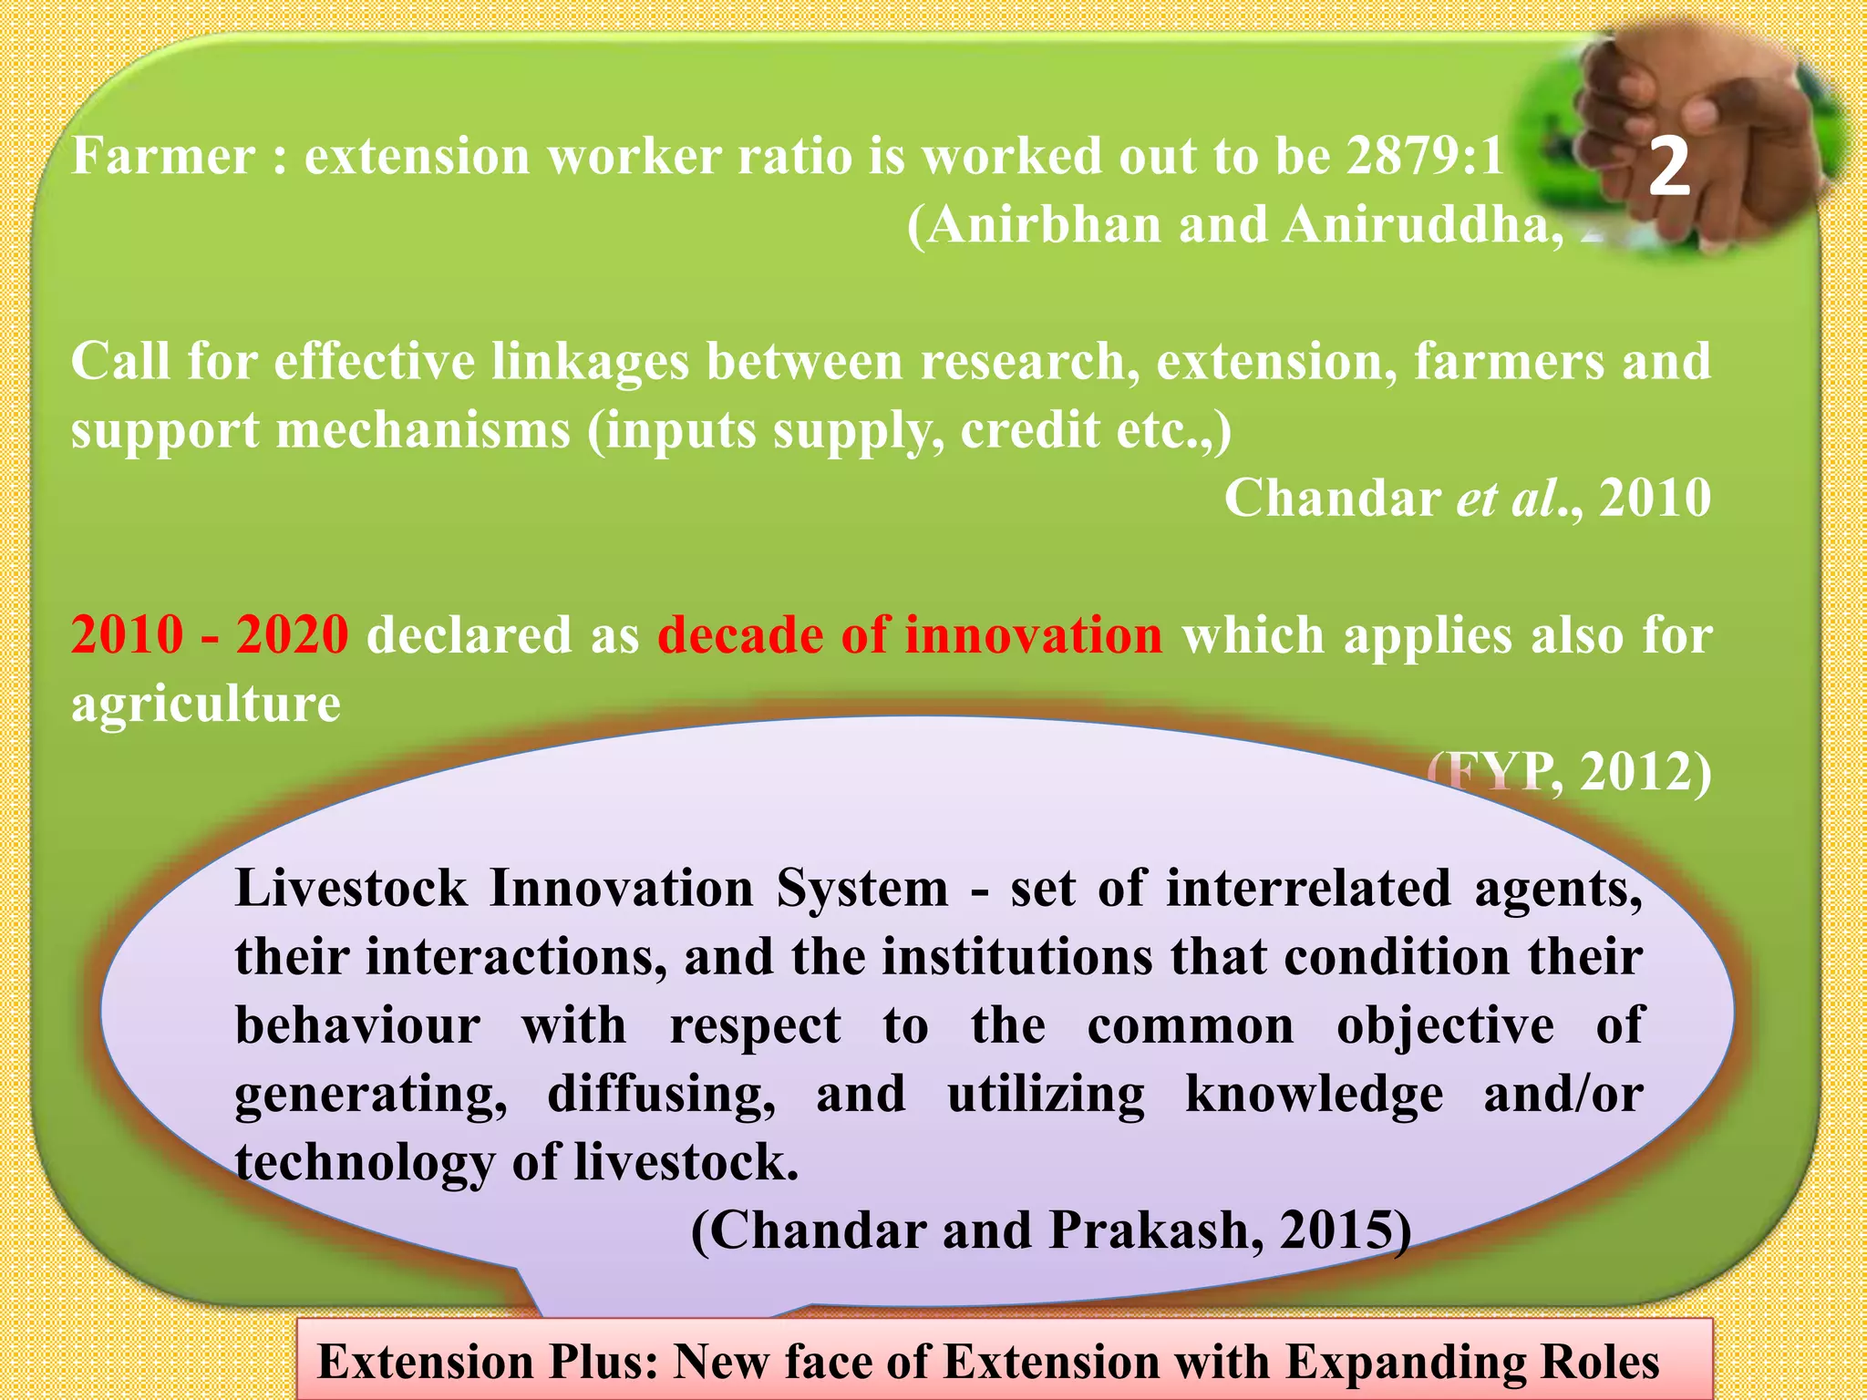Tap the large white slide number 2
pyautogui.click(x=1669, y=169)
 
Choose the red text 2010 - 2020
pyautogui.click(x=210, y=635)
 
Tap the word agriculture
pyautogui.click(x=206, y=704)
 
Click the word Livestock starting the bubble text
pyautogui.click(x=351, y=889)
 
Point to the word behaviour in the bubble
pyautogui.click(x=357, y=1025)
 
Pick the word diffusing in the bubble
pyautogui.click(x=661, y=1094)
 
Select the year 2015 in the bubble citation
pyautogui.click(x=1336, y=1230)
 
